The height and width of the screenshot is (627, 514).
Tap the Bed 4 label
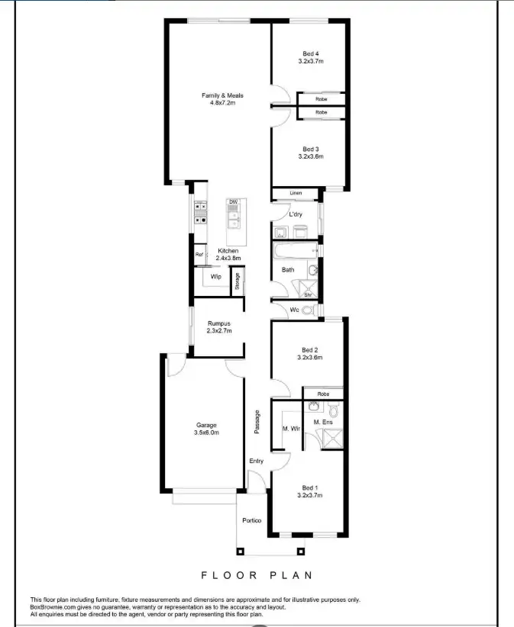(310, 53)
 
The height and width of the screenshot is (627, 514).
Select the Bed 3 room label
(310, 149)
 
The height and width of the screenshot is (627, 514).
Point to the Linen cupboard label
(296, 193)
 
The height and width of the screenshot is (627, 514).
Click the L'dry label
(296, 214)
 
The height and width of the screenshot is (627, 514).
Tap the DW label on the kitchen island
(233, 202)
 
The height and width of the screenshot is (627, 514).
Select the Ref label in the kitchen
(199, 255)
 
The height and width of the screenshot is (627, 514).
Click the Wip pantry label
(216, 277)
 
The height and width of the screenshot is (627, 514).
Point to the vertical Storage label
(238, 281)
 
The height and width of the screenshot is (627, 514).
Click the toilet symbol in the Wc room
(308, 310)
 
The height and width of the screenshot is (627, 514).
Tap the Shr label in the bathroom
(309, 294)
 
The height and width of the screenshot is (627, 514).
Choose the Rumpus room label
(218, 323)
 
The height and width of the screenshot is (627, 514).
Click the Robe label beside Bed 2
(323, 394)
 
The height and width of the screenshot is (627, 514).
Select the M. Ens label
(322, 422)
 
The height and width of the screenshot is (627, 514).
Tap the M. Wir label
(291, 429)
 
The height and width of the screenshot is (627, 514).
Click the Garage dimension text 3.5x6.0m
(207, 432)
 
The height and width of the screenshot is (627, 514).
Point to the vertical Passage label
(257, 422)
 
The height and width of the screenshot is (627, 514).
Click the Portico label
(252, 520)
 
